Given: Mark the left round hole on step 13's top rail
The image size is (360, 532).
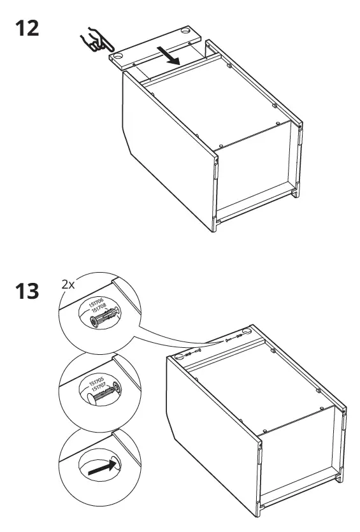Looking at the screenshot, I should pos(179,357).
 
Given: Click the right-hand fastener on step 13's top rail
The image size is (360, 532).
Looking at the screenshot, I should pos(240,337).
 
